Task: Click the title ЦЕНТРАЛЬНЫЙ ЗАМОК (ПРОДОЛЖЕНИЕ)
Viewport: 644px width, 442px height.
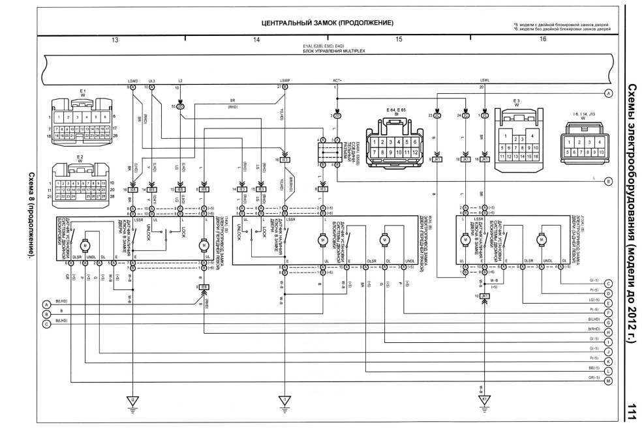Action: coord(327,23)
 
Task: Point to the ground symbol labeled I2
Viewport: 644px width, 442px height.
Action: coord(132,400)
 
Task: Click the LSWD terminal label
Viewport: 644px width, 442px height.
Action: coord(132,81)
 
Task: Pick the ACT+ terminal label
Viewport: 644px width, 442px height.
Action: coord(337,81)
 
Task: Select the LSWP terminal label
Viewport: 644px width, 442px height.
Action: coord(284,81)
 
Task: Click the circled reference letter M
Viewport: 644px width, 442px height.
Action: coord(608,381)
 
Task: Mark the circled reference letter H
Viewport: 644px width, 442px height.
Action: coord(608,331)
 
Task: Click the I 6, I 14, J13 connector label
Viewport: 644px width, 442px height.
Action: coord(583,114)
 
